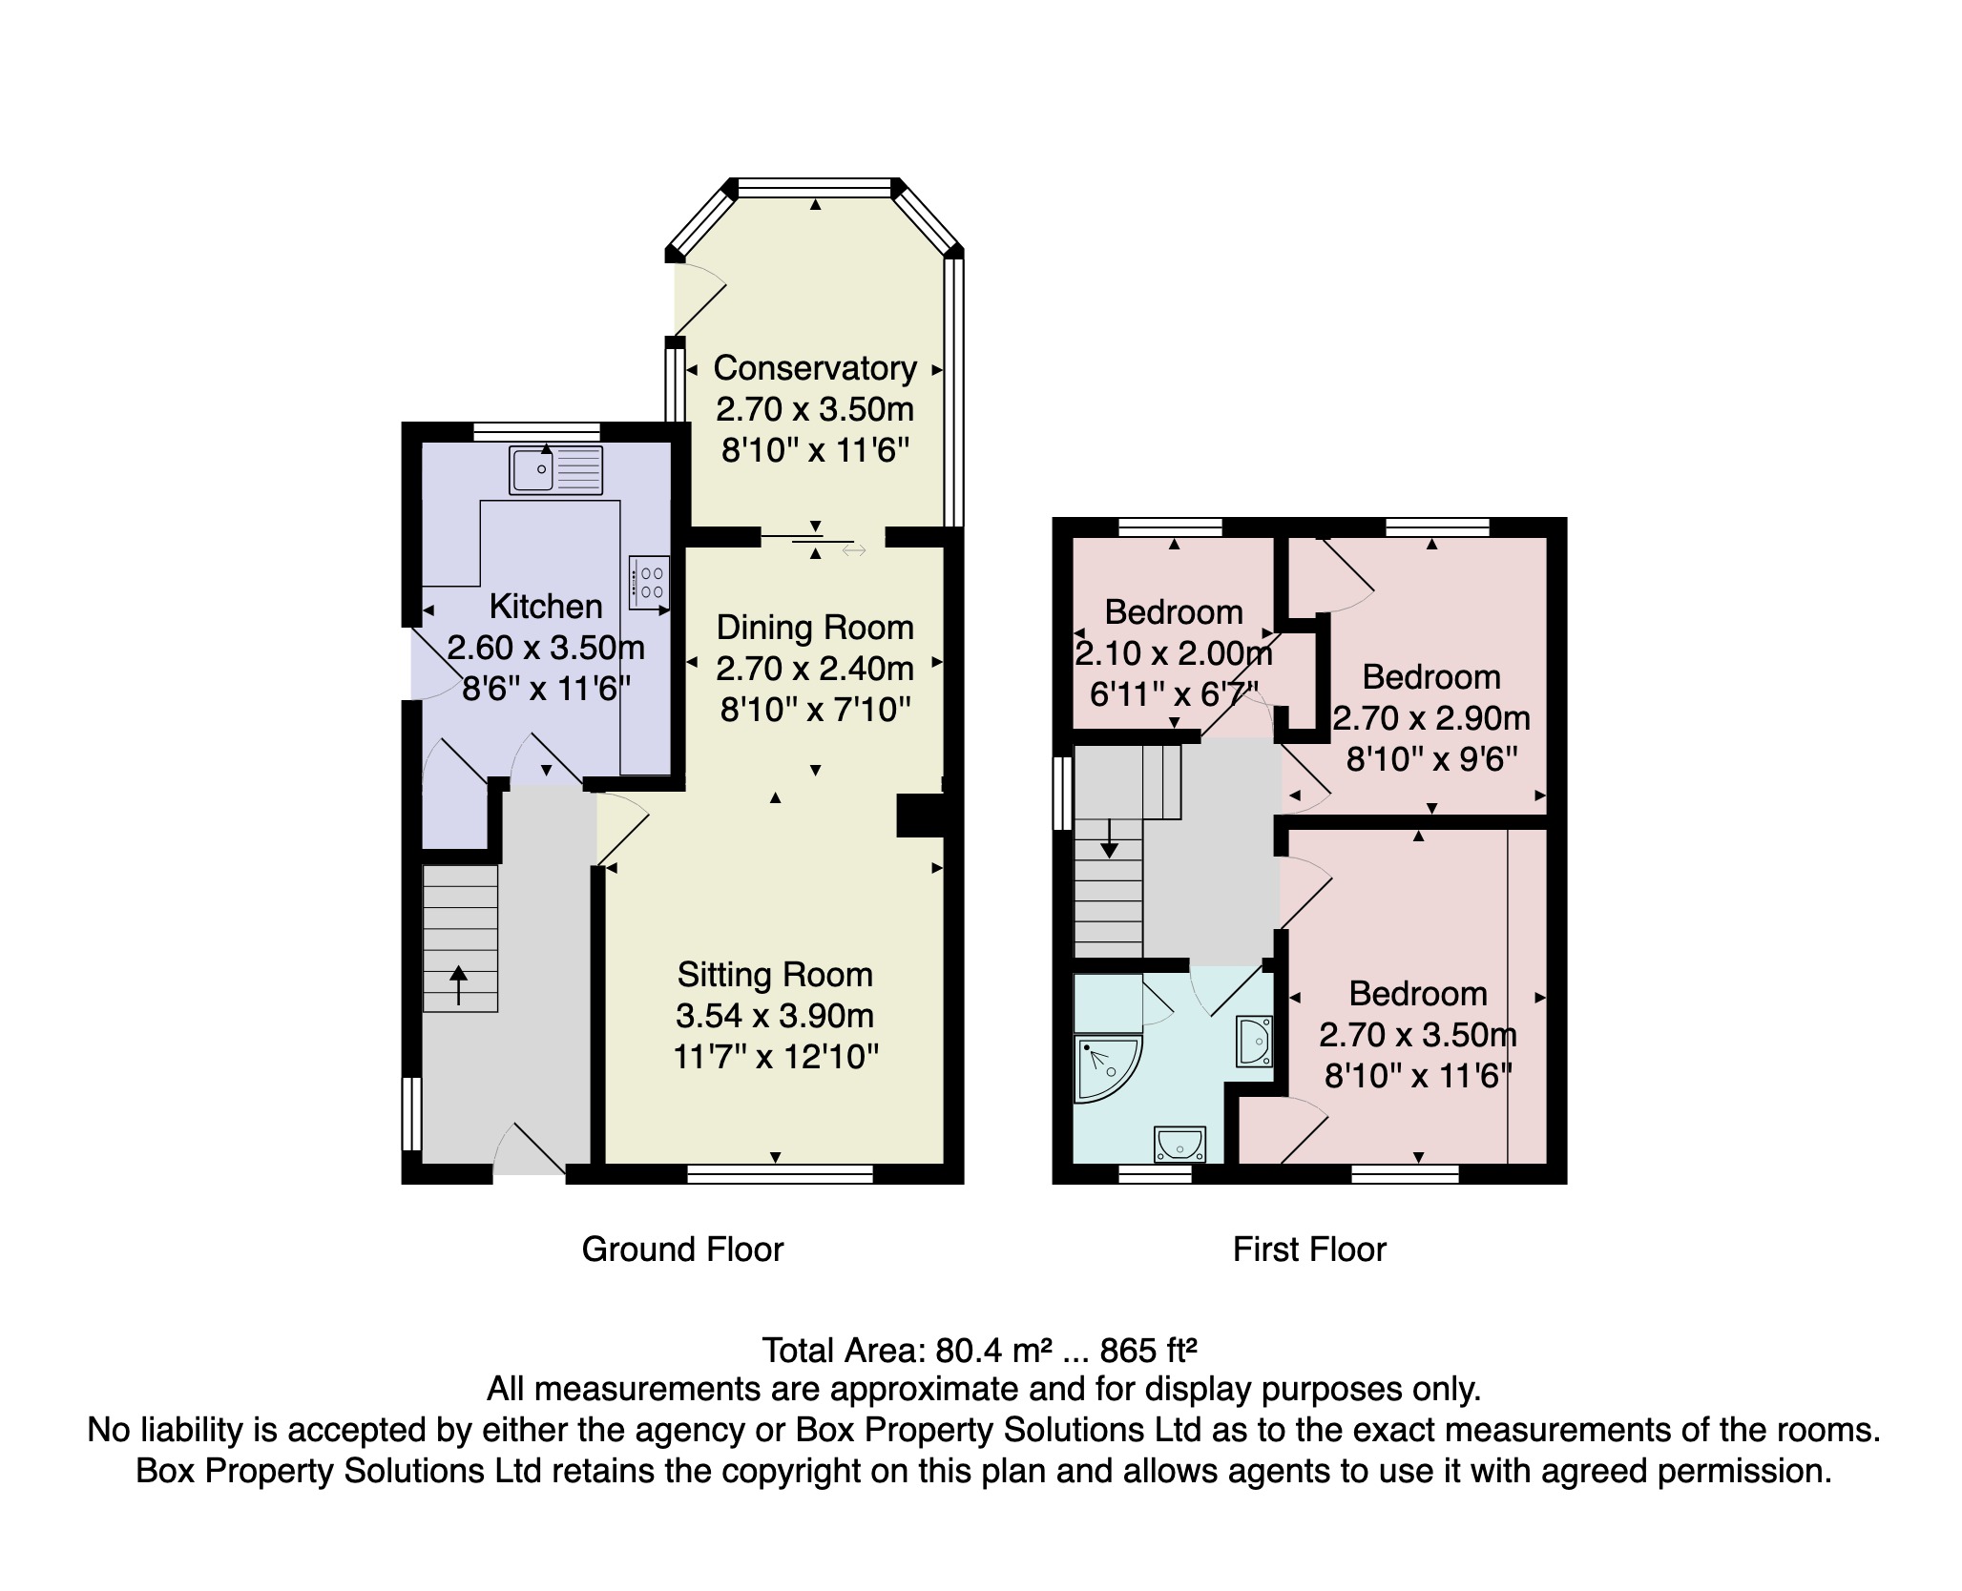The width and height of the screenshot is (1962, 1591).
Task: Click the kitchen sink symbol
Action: point(555,470)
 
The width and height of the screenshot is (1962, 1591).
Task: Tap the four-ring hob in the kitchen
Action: point(649,582)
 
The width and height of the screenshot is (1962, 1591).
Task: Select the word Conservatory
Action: point(814,368)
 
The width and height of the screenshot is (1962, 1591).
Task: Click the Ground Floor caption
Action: point(682,1250)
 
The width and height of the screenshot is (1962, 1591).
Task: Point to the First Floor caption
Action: point(1308,1250)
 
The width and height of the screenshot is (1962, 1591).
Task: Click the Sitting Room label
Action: point(775,975)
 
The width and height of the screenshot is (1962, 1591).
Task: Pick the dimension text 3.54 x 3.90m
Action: point(775,1016)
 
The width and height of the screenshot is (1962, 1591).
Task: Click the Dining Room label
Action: point(815,628)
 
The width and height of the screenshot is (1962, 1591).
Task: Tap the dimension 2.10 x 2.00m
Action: point(1173,653)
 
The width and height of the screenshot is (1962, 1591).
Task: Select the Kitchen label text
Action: point(546,607)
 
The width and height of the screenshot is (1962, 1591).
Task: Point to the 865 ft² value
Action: point(1148,1351)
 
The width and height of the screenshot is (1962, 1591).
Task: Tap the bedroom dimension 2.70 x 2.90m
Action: point(1430,718)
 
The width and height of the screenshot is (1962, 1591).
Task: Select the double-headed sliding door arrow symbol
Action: point(854,550)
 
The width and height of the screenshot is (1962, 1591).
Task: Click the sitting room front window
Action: point(780,1174)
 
